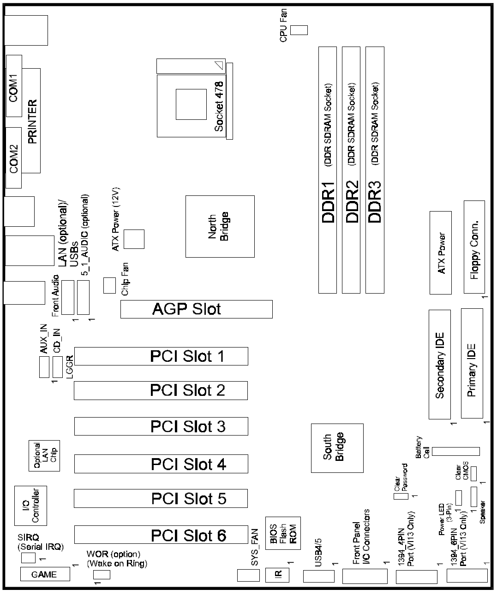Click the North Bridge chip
tap(220, 226)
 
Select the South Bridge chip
tap(337, 448)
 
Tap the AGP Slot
tap(196, 309)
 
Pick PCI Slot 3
tap(161, 426)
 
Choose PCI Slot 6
tap(161, 535)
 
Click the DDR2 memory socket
tap(351, 170)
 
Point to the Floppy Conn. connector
tap(474, 247)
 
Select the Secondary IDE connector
tap(440, 364)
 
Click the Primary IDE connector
tap(472, 364)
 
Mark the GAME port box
tap(45, 574)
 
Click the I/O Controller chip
tap(30, 505)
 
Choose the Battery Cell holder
tap(456, 451)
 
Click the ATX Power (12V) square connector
tap(134, 239)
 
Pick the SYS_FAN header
tap(248, 575)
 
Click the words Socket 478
tap(219, 106)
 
